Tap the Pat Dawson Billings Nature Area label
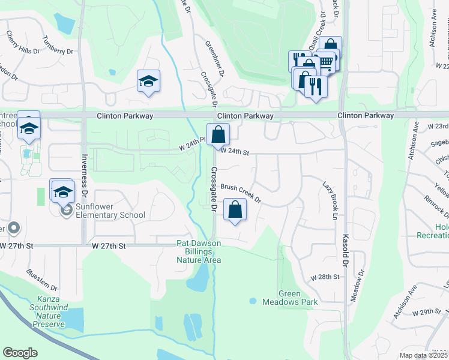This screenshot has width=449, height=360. coord(199,251)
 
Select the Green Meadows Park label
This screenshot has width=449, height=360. coord(290,298)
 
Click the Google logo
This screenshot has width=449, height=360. coord(20,353)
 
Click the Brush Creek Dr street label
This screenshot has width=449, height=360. coord(241,192)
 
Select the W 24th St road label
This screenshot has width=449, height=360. coord(235,152)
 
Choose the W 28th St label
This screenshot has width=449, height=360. coord(325,278)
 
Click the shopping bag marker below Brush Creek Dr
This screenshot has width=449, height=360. coord(235,210)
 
